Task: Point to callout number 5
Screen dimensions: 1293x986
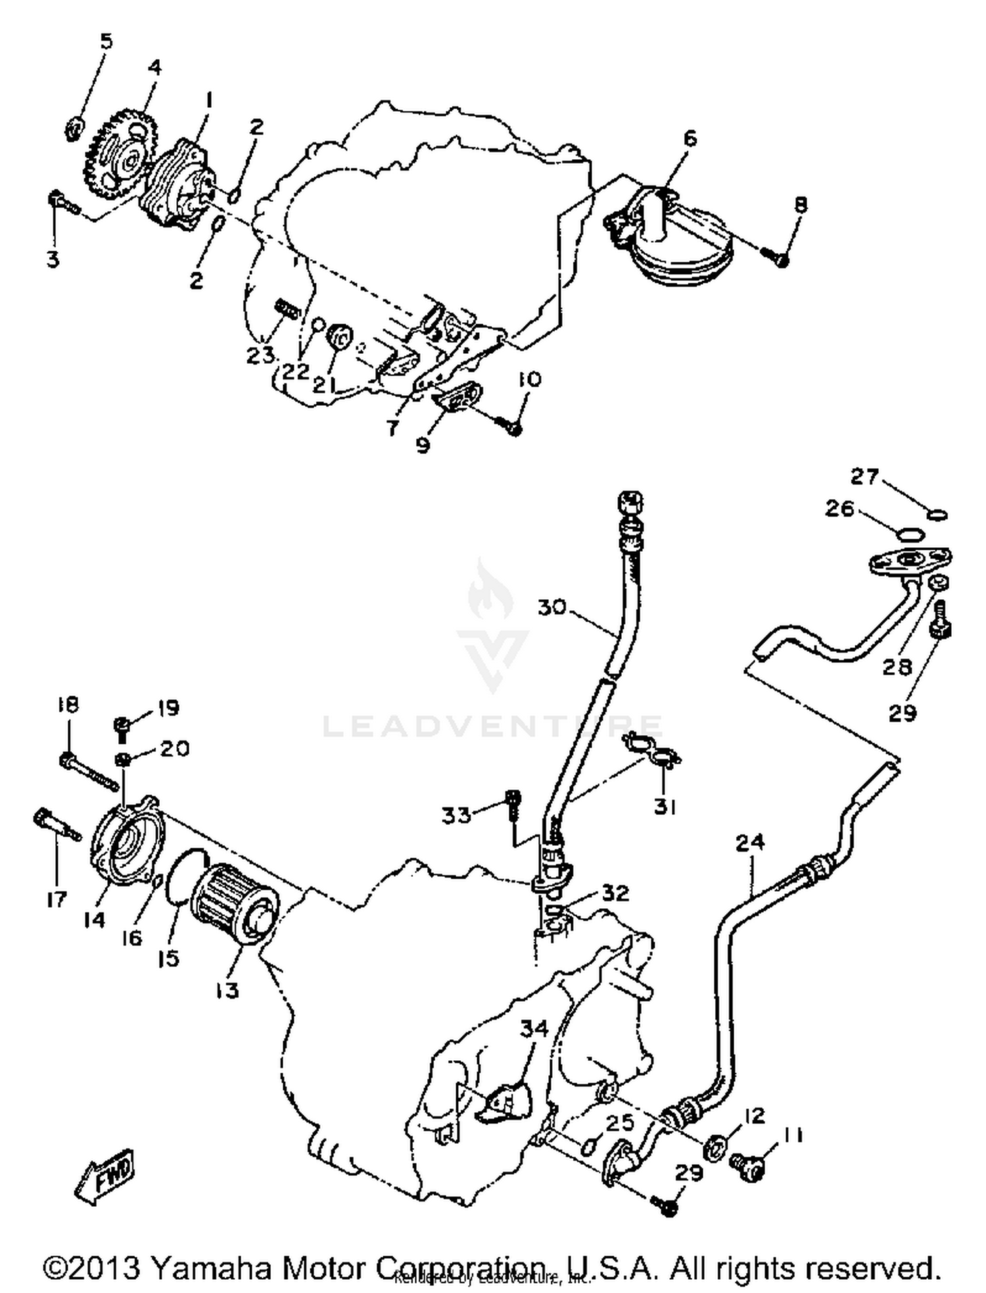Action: [105, 41]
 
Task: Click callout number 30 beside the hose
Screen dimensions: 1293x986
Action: [552, 606]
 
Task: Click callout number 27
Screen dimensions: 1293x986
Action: [864, 476]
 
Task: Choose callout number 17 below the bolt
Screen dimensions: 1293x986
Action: [57, 898]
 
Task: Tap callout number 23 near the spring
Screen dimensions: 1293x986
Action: [261, 354]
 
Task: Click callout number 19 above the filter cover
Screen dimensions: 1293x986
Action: [168, 708]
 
